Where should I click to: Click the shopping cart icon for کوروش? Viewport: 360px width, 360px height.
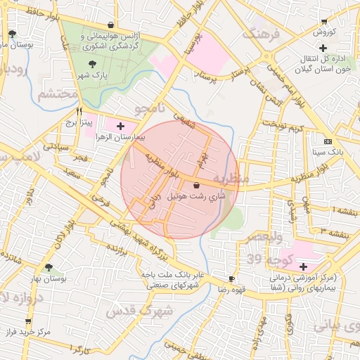point(323,22)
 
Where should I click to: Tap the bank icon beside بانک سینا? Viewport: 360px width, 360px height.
point(328,141)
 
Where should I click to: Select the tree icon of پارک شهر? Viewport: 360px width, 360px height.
point(93,66)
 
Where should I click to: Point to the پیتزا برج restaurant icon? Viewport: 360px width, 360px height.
point(79,111)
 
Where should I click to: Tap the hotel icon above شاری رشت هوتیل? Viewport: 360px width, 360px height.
point(195,185)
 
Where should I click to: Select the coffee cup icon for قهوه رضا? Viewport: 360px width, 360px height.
point(232,279)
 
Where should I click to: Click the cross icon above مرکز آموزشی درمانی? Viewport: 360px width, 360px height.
point(302,266)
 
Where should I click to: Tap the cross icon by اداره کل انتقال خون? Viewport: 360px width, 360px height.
point(323,48)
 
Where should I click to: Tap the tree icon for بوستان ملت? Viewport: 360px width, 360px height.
point(12,34)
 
